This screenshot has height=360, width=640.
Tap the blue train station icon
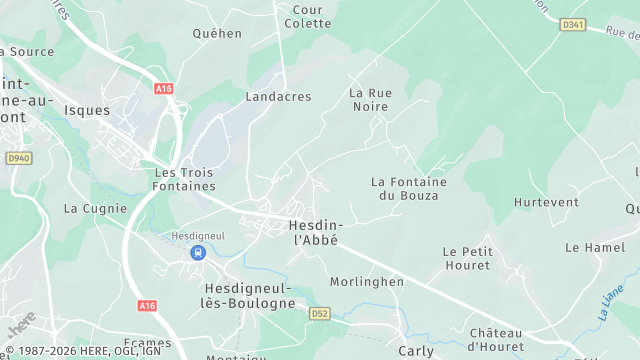pos(198,252)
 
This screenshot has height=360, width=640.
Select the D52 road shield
pos(319,313)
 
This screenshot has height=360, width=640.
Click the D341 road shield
pos(572,23)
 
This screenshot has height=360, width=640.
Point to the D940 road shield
pos(19,158)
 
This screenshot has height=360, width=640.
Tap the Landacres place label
pos(278,97)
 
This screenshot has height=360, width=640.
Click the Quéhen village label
pos(217,33)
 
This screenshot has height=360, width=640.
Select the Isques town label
pos(86,110)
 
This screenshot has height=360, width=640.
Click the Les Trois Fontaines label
pos(185,179)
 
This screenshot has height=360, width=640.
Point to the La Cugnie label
pos(95,209)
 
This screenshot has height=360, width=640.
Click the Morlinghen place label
pos(367,282)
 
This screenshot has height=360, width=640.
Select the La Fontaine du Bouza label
pos(405,188)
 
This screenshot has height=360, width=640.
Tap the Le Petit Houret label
pos(466,258)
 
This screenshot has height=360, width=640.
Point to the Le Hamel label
pos(594,247)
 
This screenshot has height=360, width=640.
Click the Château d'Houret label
pos(495,339)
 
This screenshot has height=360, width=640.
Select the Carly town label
pos(416,351)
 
